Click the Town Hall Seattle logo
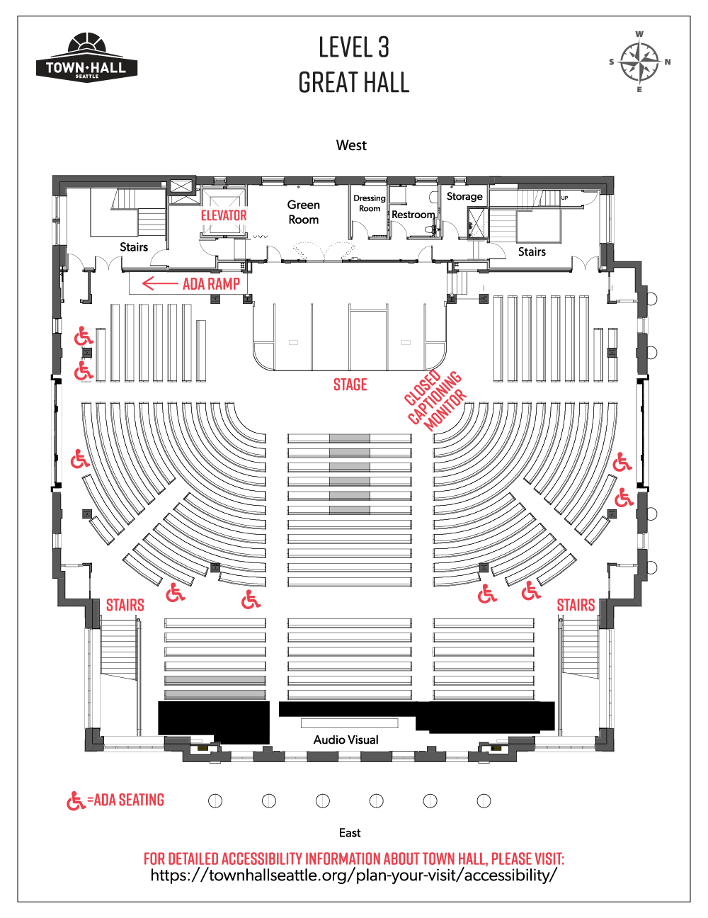click(86, 58)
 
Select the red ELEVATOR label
click(224, 215)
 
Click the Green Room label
click(304, 212)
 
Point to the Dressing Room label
click(370, 203)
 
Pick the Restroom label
click(413, 215)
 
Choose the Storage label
click(464, 196)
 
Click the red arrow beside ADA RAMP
click(160, 283)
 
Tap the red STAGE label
click(350, 385)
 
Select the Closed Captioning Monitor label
click(435, 400)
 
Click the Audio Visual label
click(346, 739)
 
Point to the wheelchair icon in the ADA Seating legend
click(76, 801)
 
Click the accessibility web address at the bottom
click(354, 874)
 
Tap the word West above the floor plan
click(351, 145)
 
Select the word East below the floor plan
click(350, 833)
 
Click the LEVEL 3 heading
click(354, 47)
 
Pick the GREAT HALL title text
click(354, 82)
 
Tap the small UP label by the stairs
click(564, 198)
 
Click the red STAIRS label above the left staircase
click(125, 605)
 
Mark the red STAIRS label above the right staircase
click(576, 605)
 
